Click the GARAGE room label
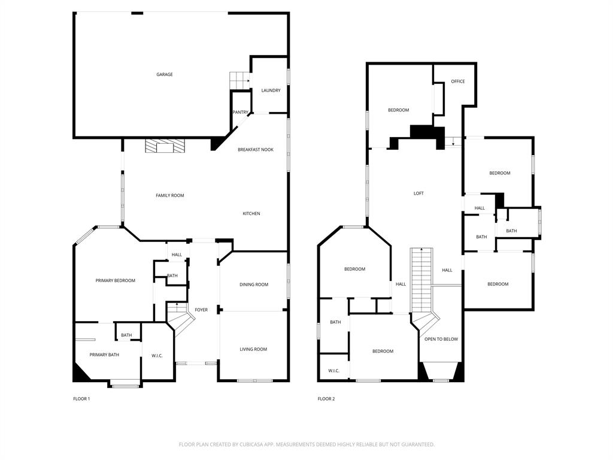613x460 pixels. pyautogui.click(x=165, y=75)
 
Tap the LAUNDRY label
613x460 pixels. pyautogui.click(x=271, y=90)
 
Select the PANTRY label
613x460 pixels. pyautogui.click(x=241, y=113)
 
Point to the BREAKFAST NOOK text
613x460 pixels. pyautogui.click(x=256, y=150)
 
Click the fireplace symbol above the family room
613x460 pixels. pyautogui.click(x=165, y=147)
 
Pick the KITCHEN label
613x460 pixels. pyautogui.click(x=251, y=214)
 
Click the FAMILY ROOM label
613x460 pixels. pyautogui.click(x=170, y=196)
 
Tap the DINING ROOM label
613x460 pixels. pyautogui.click(x=254, y=285)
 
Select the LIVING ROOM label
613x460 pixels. pyautogui.click(x=253, y=349)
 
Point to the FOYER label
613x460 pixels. pyautogui.click(x=201, y=310)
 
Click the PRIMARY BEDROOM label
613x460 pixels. pyautogui.click(x=116, y=280)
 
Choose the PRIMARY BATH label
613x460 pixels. pyautogui.click(x=104, y=355)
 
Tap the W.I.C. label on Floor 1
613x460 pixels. pyautogui.click(x=157, y=356)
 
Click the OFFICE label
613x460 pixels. pyautogui.click(x=458, y=81)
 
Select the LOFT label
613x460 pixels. pyautogui.click(x=419, y=193)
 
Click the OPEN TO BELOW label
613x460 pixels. pyautogui.click(x=441, y=339)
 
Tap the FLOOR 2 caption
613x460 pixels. pyautogui.click(x=326, y=399)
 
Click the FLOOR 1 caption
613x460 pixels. pyautogui.click(x=81, y=399)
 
